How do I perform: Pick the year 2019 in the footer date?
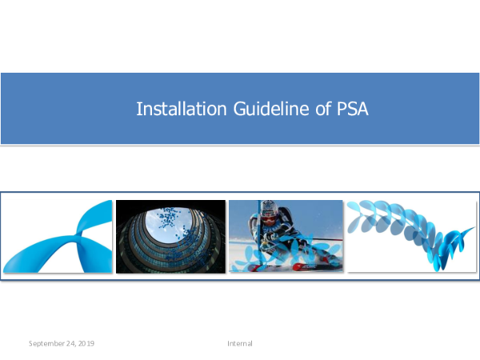pyautogui.click(x=86, y=343)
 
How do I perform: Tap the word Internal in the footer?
pyautogui.click(x=240, y=343)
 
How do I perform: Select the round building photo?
pyautogui.click(x=170, y=236)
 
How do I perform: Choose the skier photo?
pyautogui.click(x=286, y=236)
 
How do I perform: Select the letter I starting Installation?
pyautogui.click(x=138, y=109)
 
